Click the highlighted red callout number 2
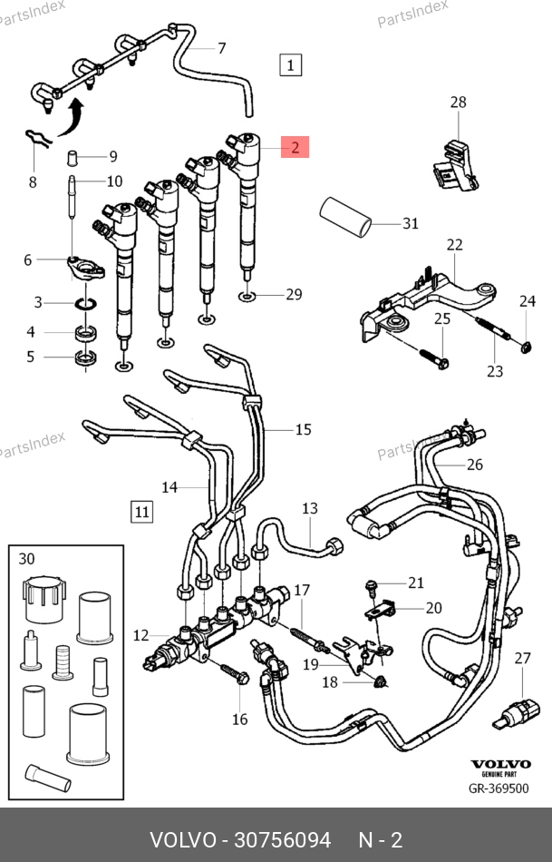tap(295, 146)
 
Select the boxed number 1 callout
tap(290, 64)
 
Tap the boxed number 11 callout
tap(141, 512)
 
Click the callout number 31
tap(411, 223)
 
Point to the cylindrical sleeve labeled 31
tap(344, 219)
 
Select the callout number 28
tap(458, 103)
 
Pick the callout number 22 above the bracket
tap(454, 245)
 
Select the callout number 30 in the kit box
tap(27, 558)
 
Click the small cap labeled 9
tap(73, 160)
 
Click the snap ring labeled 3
tap(84, 303)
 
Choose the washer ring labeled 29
tap(247, 296)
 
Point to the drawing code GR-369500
tap(498, 789)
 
